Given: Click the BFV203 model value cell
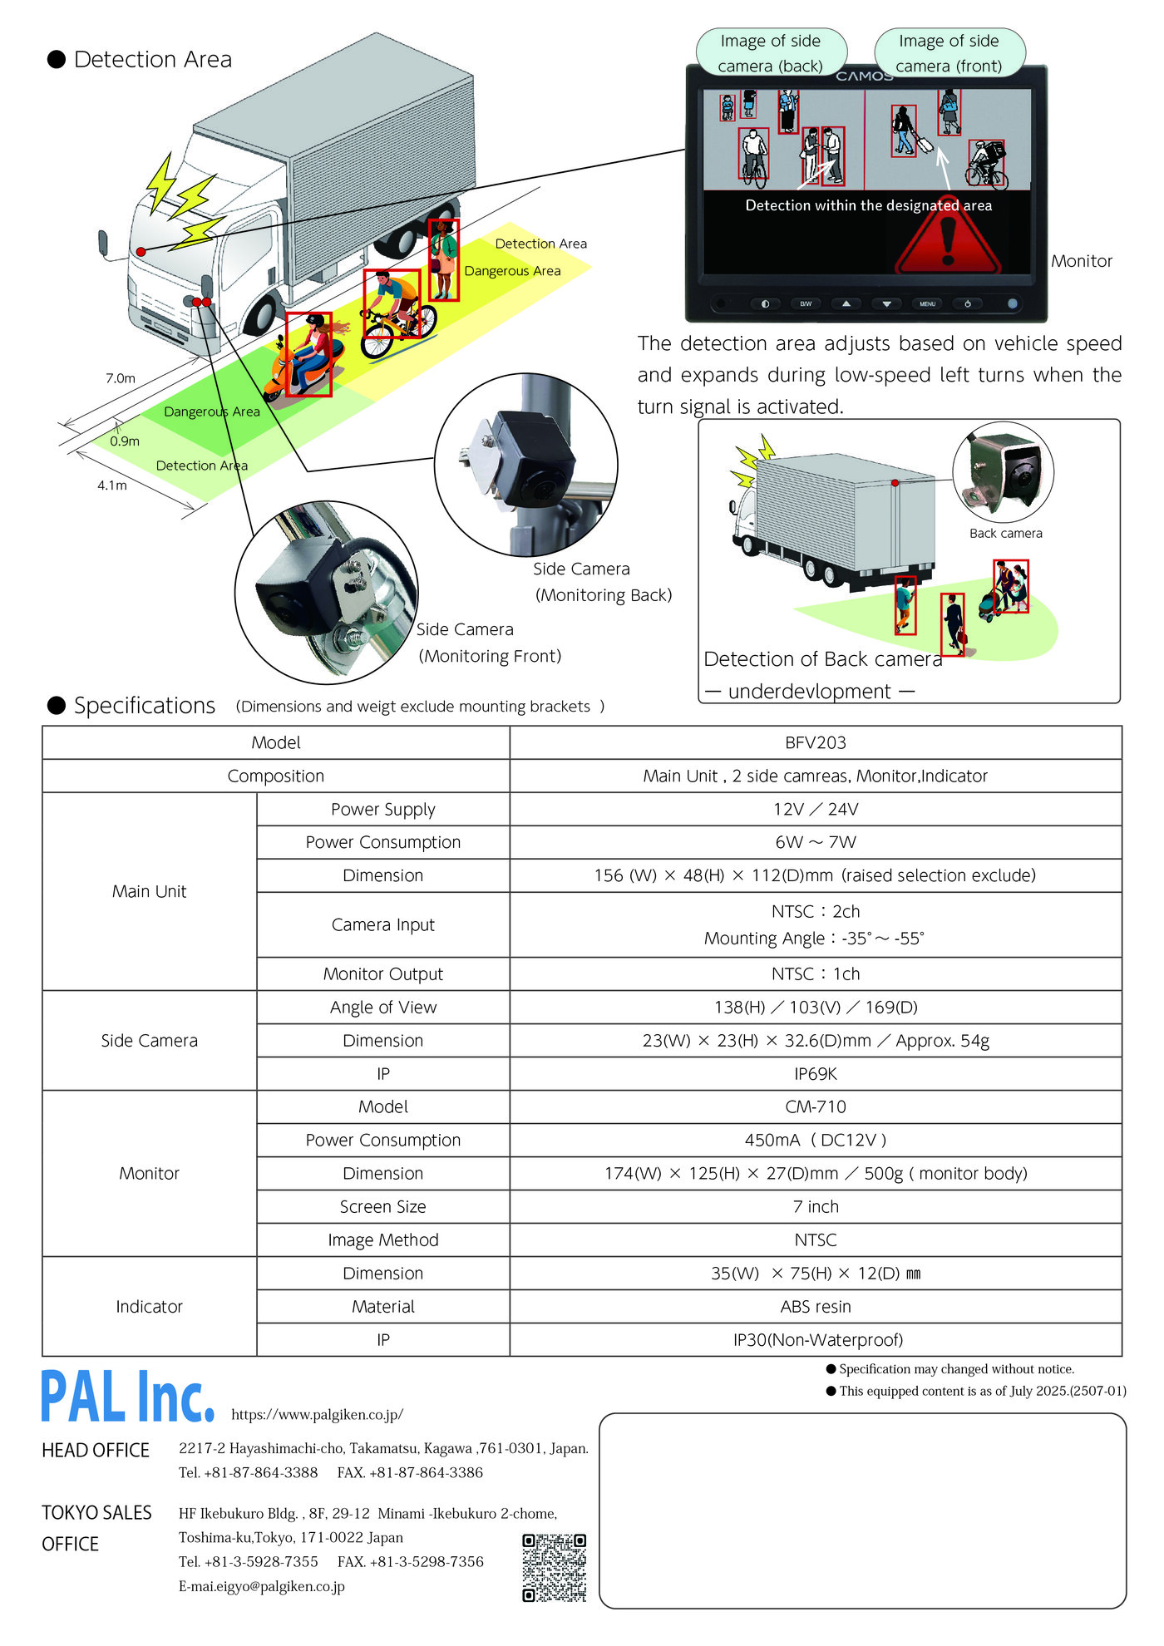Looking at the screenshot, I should pyautogui.click(x=815, y=742).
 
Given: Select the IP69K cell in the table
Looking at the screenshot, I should pyautogui.click(x=815, y=1073).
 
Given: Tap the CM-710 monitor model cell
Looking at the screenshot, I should pyautogui.click(x=815, y=1106).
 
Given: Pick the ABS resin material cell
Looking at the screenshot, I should pyautogui.click(x=815, y=1306).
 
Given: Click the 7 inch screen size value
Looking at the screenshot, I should pyautogui.click(x=815, y=1206).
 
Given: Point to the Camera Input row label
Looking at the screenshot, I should pyautogui.click(x=382, y=924).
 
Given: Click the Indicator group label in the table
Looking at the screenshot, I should pyautogui.click(x=149, y=1306).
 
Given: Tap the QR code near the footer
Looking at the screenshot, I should pyautogui.click(x=554, y=1567).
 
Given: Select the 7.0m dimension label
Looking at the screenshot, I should pyautogui.click(x=120, y=378).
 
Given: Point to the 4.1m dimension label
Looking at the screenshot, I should pyautogui.click(x=112, y=485).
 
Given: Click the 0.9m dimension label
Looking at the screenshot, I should pyautogui.click(x=125, y=441).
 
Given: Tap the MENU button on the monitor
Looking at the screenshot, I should pyautogui.click(x=927, y=304).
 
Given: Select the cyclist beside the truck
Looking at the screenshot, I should pyautogui.click(x=395, y=312).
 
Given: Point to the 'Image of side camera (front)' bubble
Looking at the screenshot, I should pyautogui.click(x=949, y=52).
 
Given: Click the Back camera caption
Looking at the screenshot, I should pyautogui.click(x=1005, y=534).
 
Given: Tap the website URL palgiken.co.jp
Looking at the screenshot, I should pyautogui.click(x=317, y=1414).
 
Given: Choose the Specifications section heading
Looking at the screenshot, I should pyautogui.click(x=144, y=706).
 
